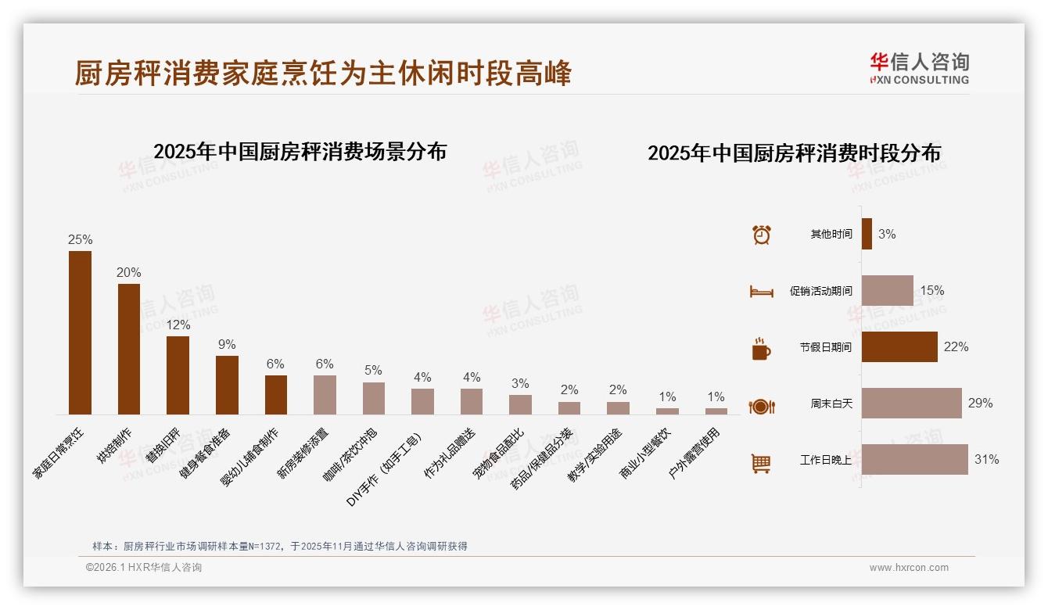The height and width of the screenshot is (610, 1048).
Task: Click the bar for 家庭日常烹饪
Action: pos(80,332)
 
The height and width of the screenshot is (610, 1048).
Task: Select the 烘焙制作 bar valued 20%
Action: pos(129,349)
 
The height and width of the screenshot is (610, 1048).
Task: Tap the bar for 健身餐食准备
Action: pos(227,385)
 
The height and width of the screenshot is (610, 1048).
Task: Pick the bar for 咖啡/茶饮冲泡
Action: pos(374,398)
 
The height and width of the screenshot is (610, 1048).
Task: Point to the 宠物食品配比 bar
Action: pos(520,404)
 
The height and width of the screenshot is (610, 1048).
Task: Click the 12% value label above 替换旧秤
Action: pos(178,325)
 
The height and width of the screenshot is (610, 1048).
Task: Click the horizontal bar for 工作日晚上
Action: pos(914,460)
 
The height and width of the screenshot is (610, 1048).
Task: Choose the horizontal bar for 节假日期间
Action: pos(899,346)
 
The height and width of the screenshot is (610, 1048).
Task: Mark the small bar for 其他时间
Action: pos(867,234)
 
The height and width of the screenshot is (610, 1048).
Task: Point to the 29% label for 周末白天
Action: pos(980,404)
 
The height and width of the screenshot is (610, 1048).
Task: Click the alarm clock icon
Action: pos(761,235)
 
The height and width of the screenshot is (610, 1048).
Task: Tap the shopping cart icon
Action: pos(761,464)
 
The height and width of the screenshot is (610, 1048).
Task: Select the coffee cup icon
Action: pos(761,349)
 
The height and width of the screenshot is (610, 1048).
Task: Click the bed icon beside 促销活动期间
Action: pos(761,292)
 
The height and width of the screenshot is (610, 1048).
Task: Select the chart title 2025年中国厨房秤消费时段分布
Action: pos(794,153)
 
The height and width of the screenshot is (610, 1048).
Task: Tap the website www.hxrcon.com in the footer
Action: pos(909,568)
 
